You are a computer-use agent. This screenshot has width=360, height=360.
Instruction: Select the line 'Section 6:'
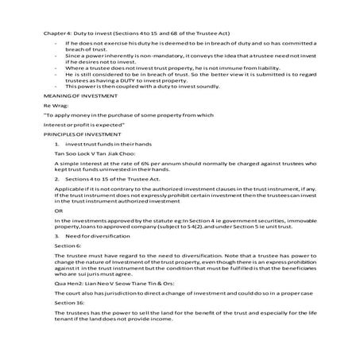tap(57, 268)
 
